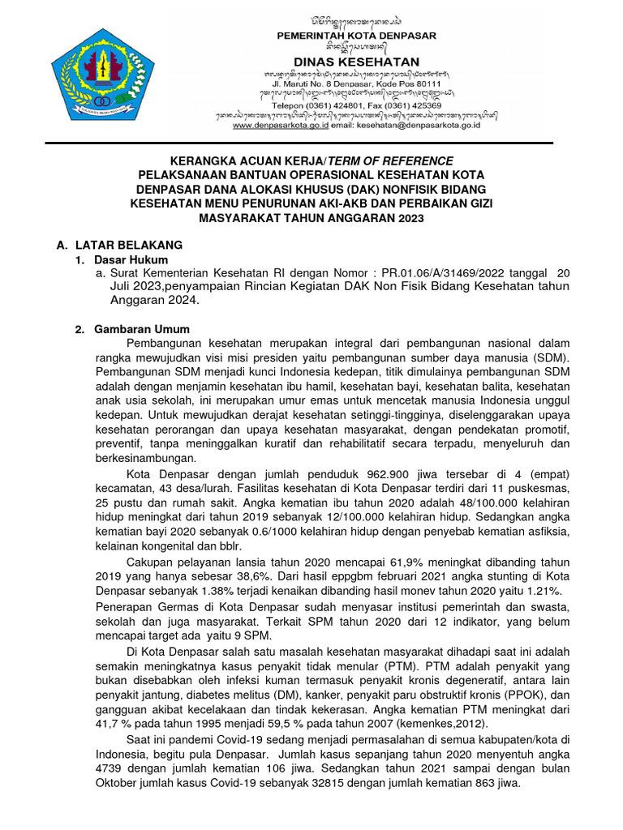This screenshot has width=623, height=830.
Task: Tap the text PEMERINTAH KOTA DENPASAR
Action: pyautogui.click(x=357, y=36)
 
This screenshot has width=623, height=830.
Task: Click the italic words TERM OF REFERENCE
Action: pyautogui.click(x=390, y=160)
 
